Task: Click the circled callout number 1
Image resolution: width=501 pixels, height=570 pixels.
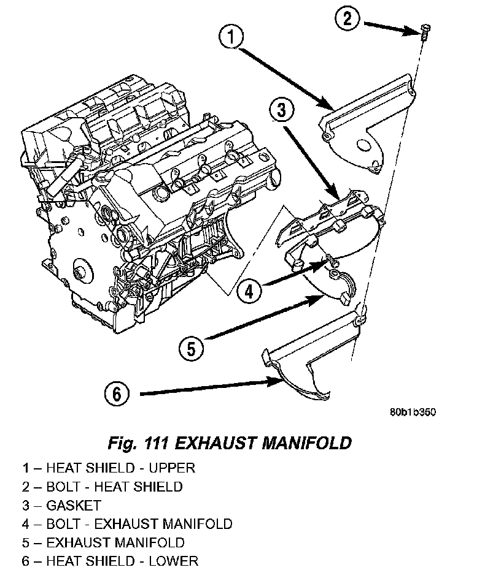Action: click(231, 38)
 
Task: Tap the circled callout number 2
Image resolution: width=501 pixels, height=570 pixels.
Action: click(347, 19)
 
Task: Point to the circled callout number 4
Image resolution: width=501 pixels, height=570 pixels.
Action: click(249, 292)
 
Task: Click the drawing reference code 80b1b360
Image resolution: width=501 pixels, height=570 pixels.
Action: click(412, 412)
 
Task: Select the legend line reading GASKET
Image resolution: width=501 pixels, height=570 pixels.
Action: click(61, 506)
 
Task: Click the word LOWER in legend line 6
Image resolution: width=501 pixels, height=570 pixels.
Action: click(176, 561)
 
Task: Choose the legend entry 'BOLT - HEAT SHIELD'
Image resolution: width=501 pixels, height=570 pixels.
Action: click(114, 487)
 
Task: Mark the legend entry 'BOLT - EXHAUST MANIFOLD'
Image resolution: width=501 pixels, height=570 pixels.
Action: click(139, 524)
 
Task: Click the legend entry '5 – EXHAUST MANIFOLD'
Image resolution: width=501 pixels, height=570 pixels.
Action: click(104, 542)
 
